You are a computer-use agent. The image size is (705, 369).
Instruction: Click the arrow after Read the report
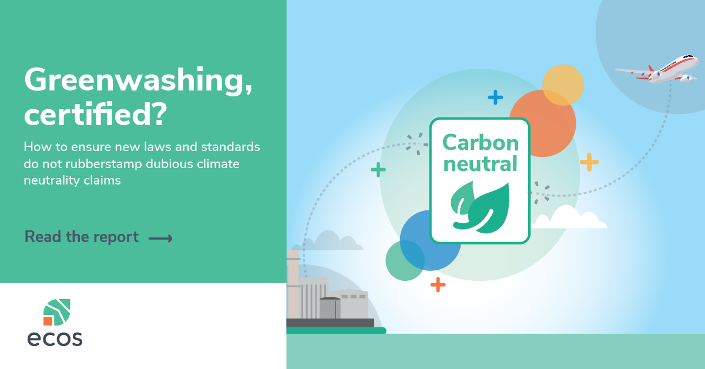(160, 239)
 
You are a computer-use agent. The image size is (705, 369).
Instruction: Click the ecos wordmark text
(55, 338)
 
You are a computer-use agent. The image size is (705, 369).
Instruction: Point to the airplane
(658, 69)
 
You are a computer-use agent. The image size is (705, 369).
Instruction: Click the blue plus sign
(495, 98)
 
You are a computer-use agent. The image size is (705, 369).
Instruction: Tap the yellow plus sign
(589, 162)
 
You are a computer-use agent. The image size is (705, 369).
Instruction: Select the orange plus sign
(438, 284)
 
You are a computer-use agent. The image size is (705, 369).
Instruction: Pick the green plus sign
(378, 170)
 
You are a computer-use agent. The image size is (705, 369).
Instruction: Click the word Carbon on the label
(481, 143)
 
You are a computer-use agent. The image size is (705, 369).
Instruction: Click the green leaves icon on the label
(480, 207)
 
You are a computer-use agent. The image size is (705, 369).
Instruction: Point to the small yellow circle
(563, 85)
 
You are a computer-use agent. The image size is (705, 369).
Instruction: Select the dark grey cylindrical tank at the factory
(330, 308)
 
